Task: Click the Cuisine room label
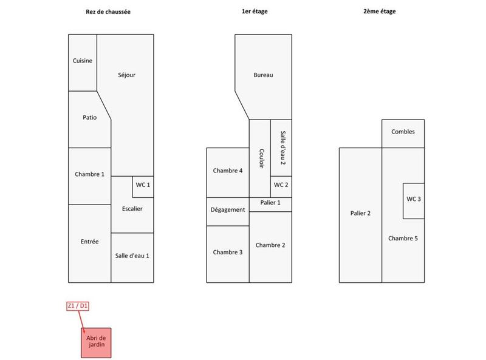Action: (83, 61)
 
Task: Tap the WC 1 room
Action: (143, 185)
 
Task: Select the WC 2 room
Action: (281, 185)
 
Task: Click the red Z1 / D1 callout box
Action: (78, 306)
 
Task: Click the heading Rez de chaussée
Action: (108, 12)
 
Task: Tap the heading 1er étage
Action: (255, 12)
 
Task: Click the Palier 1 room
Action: (270, 203)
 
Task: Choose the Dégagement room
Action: (228, 210)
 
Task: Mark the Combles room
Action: (403, 132)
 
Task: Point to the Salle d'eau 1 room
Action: (132, 256)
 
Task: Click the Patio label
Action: (89, 118)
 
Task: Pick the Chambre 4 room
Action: (228, 171)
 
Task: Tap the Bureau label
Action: (263, 75)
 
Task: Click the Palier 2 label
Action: (360, 213)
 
